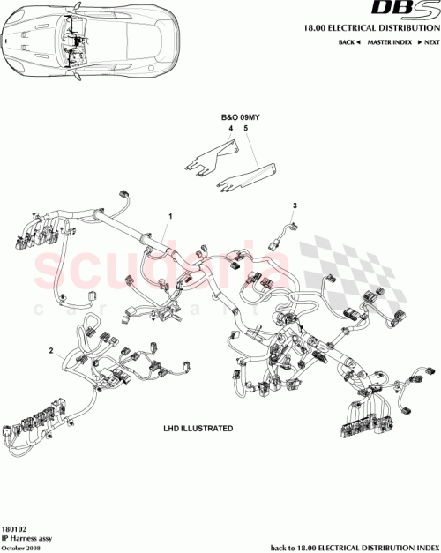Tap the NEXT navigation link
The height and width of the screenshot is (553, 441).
point(429,42)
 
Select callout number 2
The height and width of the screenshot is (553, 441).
point(51,349)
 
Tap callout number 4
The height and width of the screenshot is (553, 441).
point(232,129)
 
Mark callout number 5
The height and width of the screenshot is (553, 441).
point(246,129)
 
